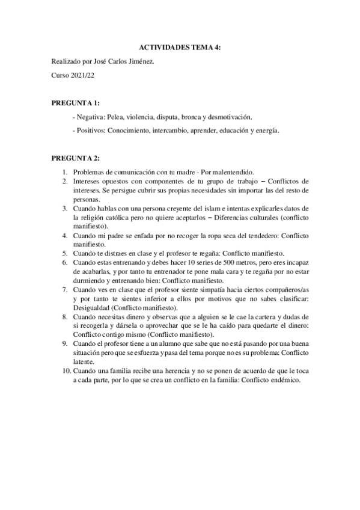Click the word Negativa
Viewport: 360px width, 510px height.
(90, 117)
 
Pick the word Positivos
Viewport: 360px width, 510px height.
(91, 130)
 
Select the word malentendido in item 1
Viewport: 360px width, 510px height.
(233, 171)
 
